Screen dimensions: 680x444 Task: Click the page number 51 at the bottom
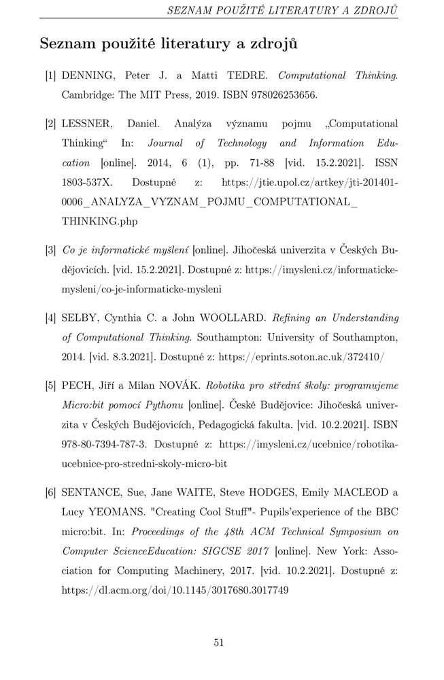click(219, 643)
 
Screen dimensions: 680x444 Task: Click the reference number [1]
click(50, 76)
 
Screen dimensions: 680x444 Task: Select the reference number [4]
click(50, 318)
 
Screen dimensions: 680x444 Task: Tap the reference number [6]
click(50, 492)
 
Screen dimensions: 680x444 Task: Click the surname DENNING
click(84, 76)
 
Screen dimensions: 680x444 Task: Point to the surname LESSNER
click(86, 124)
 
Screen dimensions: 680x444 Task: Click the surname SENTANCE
click(89, 492)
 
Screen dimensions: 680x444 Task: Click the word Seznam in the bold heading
click(72, 45)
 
